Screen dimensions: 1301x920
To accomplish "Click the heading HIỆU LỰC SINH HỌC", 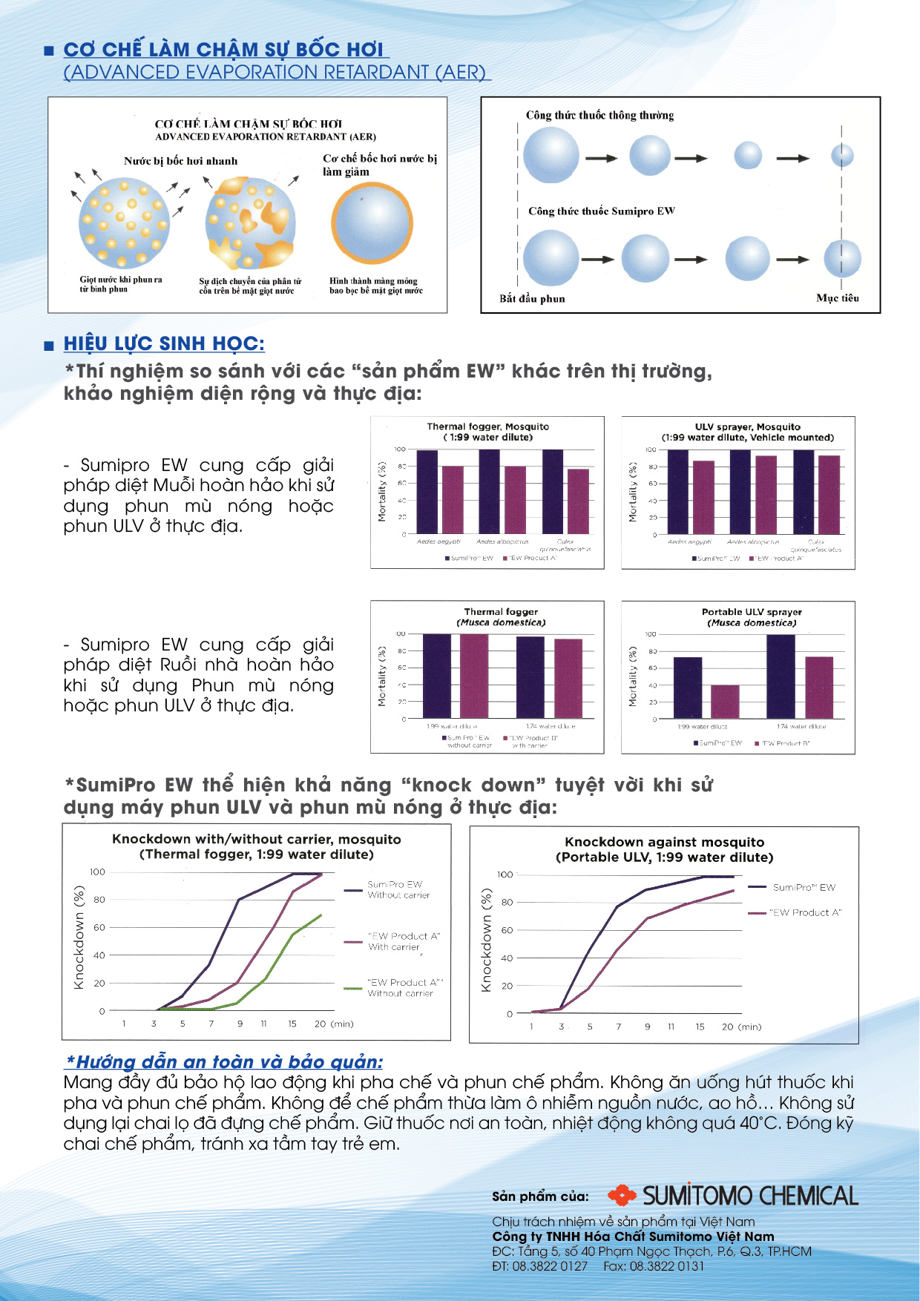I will [164, 344].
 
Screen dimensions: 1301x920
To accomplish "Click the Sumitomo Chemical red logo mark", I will [622, 1195].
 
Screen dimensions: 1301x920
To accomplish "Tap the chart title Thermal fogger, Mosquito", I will [487, 426].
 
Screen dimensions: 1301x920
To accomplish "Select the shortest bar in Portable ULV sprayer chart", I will [725, 701].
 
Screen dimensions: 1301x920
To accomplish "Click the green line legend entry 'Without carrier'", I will [400, 988].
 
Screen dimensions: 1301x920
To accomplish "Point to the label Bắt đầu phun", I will [532, 298].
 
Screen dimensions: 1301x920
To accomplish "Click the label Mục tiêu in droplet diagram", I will [838, 297].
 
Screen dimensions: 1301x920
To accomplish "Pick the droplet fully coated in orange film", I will [372, 224].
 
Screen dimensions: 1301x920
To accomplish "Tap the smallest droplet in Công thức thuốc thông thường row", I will [842, 157].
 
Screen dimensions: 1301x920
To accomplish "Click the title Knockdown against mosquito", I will [664, 842].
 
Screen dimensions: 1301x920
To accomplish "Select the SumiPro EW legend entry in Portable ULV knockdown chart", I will [804, 887].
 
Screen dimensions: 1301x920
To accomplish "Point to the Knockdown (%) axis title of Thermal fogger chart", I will [79, 938].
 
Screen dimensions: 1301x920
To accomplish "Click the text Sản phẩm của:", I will [540, 1196].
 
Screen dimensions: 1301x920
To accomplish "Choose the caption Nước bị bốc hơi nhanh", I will [180, 161].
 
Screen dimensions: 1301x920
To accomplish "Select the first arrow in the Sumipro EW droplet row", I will [597, 260].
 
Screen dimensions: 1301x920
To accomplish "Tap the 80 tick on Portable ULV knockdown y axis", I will [507, 902].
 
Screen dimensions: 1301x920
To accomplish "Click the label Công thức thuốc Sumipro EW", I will [601, 211].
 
